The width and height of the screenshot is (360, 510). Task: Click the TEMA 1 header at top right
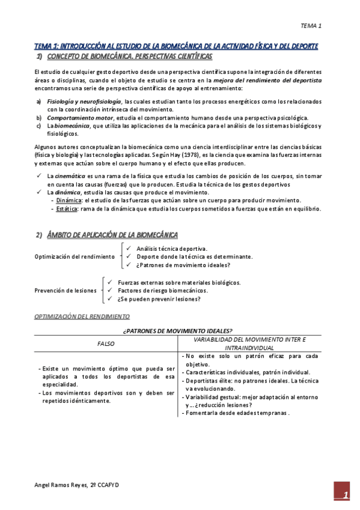(311, 26)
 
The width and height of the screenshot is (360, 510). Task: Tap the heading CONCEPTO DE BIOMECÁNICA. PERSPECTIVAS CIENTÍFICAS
(130, 57)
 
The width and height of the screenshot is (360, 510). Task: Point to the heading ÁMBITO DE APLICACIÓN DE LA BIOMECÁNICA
(112, 235)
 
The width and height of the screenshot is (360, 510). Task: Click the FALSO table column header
(106, 343)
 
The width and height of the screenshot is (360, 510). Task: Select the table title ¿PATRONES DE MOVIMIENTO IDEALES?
(177, 330)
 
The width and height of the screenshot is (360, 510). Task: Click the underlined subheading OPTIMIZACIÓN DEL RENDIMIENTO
(82, 316)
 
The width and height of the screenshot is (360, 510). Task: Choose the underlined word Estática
(67, 209)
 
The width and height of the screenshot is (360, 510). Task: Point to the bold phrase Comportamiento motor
(76, 118)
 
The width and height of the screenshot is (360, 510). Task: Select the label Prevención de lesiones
(66, 290)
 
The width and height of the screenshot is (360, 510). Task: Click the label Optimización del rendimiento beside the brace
(75, 256)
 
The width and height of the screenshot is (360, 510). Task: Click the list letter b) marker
(39, 118)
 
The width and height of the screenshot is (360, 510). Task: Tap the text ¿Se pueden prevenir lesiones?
(159, 299)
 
